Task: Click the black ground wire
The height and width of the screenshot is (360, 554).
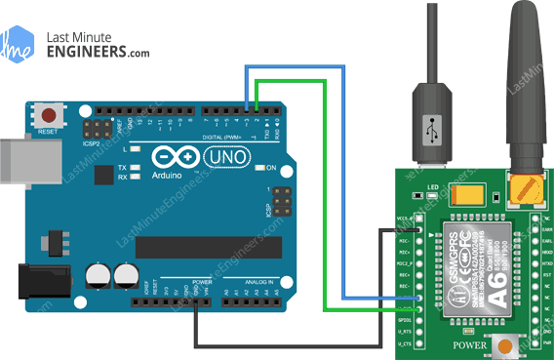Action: [293, 344]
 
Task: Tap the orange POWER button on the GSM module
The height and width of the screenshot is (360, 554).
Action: [504, 344]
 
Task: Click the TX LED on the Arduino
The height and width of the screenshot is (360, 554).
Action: [134, 168]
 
